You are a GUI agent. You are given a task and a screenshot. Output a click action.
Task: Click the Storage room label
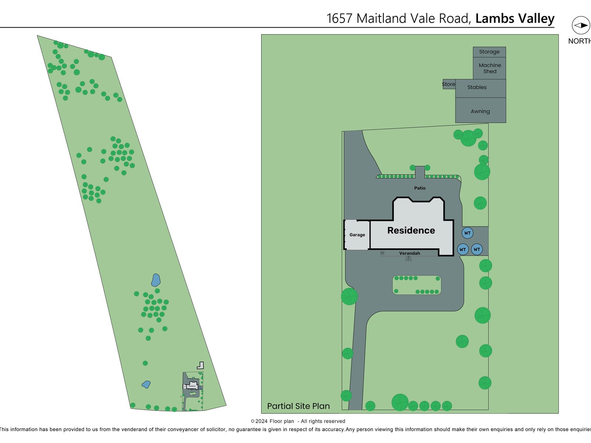(489, 52)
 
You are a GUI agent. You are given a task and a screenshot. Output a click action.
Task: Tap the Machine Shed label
(490, 68)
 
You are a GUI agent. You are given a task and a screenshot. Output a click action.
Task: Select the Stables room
(477, 87)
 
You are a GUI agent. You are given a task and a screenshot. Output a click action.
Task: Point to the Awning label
(480, 111)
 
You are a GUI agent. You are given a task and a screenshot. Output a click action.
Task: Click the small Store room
(448, 84)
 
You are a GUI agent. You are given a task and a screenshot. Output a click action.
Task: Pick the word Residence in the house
(411, 230)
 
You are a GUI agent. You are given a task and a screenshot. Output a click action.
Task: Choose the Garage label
(357, 235)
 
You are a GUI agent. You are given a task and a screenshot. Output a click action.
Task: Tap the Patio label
(420, 188)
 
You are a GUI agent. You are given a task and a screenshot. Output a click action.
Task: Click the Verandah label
(409, 253)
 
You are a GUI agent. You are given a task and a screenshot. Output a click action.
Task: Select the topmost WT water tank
(467, 233)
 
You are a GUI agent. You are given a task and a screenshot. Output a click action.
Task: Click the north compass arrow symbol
(581, 25)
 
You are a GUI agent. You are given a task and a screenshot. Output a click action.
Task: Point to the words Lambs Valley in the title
(515, 18)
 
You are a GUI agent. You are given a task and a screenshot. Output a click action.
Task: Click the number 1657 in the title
(339, 18)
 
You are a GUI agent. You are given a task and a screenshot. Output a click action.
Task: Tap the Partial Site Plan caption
(298, 406)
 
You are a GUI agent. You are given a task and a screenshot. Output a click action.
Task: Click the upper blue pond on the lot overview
(156, 280)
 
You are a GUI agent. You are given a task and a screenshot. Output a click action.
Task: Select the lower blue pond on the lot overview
(146, 384)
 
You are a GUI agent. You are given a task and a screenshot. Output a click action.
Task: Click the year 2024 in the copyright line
(261, 421)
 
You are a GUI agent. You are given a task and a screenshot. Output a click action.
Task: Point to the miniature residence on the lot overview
(192, 386)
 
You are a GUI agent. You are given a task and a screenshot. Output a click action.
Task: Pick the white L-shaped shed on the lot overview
(200, 365)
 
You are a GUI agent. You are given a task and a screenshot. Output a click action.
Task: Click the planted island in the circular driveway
(417, 285)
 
